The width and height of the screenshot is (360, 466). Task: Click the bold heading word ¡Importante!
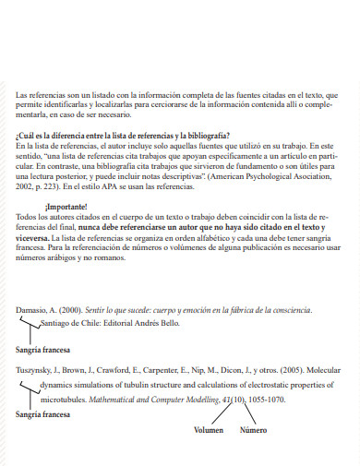[64, 206]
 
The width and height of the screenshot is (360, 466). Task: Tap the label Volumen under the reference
[209, 430]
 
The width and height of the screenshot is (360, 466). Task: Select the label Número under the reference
[253, 430]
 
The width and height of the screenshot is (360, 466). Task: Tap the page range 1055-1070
[265, 400]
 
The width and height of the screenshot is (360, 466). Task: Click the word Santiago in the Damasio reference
[59, 325]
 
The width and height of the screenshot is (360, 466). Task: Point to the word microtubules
[66, 400]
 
